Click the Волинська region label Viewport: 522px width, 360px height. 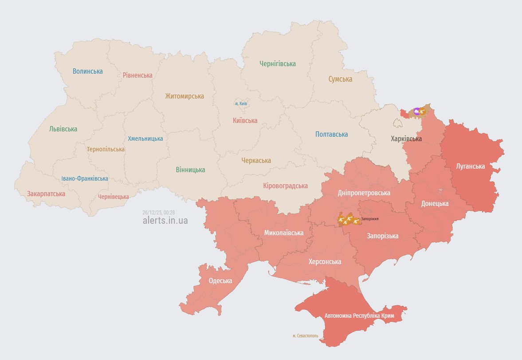tap(88, 71)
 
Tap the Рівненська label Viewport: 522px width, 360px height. tap(137, 75)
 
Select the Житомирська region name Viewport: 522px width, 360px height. tap(184, 96)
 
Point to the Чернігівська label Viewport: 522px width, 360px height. tap(278, 63)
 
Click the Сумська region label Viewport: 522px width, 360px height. tap(340, 79)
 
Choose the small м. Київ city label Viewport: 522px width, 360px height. tap(241, 103)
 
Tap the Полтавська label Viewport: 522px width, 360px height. tap(332, 134)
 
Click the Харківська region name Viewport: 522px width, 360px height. tap(406, 139)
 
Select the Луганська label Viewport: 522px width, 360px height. tap(471, 166)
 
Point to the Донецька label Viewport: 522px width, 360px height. tap(435, 203)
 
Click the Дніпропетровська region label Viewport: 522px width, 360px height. tap(364, 193)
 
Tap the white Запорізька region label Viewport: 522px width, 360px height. tap(382, 236)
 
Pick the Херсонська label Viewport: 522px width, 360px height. tap(325, 261)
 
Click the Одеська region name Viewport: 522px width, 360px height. tap(220, 281)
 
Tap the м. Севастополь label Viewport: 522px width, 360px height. tap(306, 336)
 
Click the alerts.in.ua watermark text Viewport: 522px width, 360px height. tap(165, 220)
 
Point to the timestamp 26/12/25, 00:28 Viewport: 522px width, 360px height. tap(159, 212)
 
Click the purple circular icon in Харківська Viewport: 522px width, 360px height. tap(417, 111)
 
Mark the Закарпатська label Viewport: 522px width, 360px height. tap(46, 194)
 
